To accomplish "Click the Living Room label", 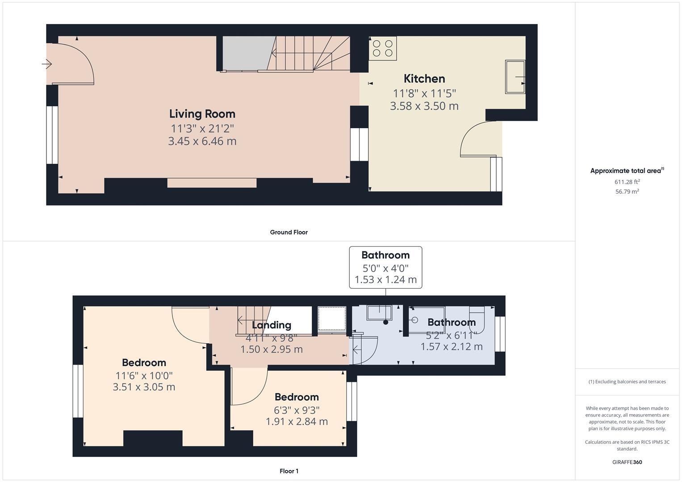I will [202, 114].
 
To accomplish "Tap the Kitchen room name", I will [424, 79].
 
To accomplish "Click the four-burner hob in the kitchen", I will [383, 48].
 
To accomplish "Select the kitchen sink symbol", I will [515, 77].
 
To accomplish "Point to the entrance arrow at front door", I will [47, 64].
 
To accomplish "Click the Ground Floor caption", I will [289, 232].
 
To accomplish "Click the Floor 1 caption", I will [289, 471].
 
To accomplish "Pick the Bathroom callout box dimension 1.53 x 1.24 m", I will [385, 280].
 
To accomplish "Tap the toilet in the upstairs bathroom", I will [477, 316].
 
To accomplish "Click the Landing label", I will [271, 325].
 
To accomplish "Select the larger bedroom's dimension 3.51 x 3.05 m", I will [144, 387].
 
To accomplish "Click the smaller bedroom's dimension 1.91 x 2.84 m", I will [297, 421].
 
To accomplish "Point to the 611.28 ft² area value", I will [627, 182].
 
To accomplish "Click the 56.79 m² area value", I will [627, 191].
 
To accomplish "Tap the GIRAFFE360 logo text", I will [627, 462].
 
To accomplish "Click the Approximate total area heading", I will [627, 170].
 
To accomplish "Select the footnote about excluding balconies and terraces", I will [627, 382].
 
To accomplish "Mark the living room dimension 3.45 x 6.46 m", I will [202, 141].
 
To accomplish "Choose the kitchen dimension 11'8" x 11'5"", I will [424, 93].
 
